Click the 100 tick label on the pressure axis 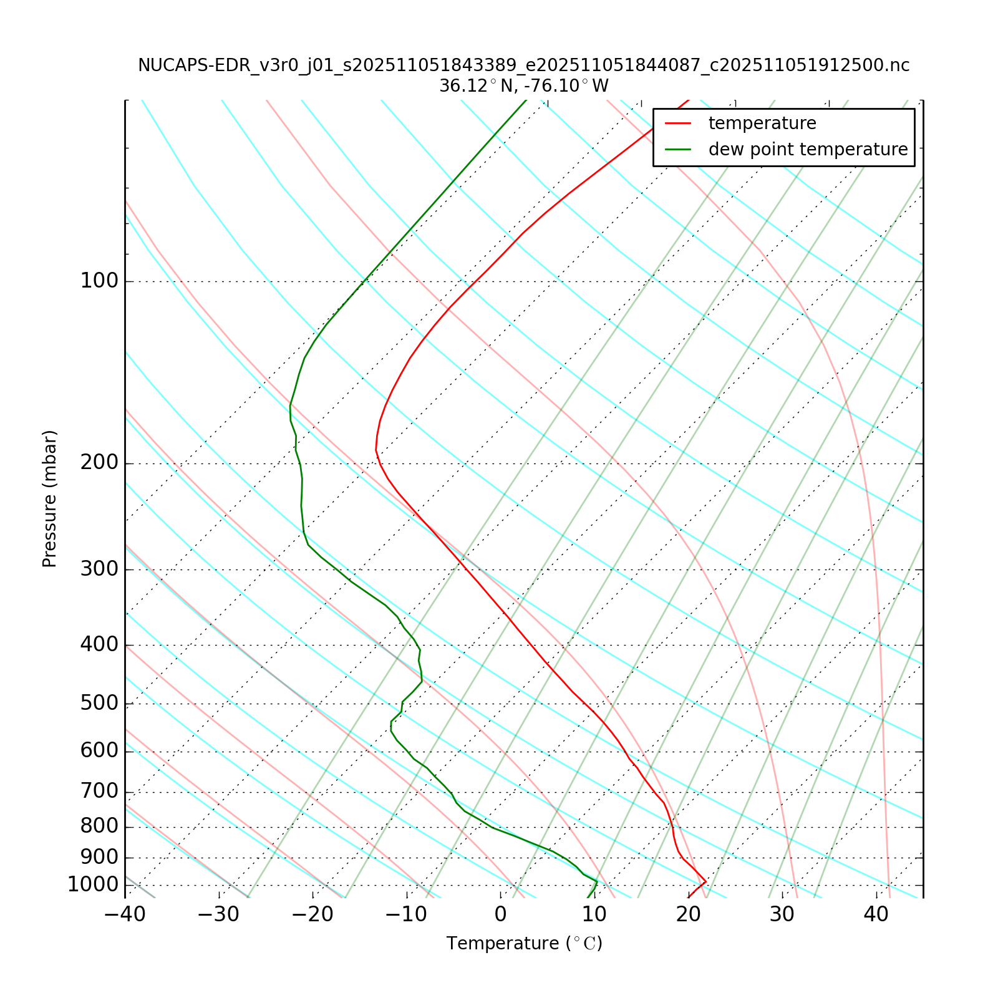[x=99, y=281]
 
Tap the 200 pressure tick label [x=99, y=463]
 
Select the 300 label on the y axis [x=99, y=569]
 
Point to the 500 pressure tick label [x=99, y=704]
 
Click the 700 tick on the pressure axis [x=99, y=792]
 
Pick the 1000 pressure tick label [x=93, y=885]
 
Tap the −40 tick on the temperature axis [x=125, y=915]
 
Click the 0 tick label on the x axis [x=500, y=915]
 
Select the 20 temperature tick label [x=688, y=915]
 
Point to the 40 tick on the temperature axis [x=876, y=915]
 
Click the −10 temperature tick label [x=406, y=915]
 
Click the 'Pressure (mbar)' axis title [x=50, y=499]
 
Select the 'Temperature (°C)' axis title [x=524, y=944]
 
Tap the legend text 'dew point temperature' [x=808, y=150]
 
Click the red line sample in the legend [x=679, y=124]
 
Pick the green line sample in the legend [x=679, y=150]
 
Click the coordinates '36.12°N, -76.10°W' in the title [x=524, y=86]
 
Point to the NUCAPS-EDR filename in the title [x=524, y=65]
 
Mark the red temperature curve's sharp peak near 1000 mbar [x=705, y=881]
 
